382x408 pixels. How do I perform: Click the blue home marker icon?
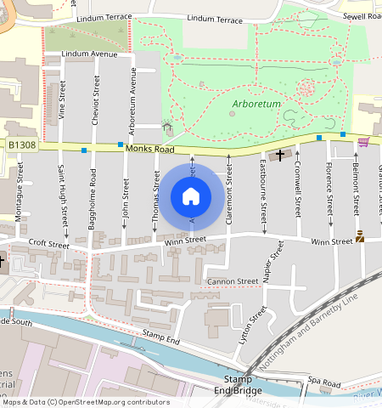click(x=191, y=196)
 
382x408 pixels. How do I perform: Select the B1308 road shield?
click(x=23, y=146)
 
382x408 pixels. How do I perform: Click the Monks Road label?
click(x=149, y=148)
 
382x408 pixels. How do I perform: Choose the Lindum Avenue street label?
click(x=93, y=54)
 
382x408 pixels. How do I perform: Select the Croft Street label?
click(x=48, y=244)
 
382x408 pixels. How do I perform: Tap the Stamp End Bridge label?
click(x=237, y=383)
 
